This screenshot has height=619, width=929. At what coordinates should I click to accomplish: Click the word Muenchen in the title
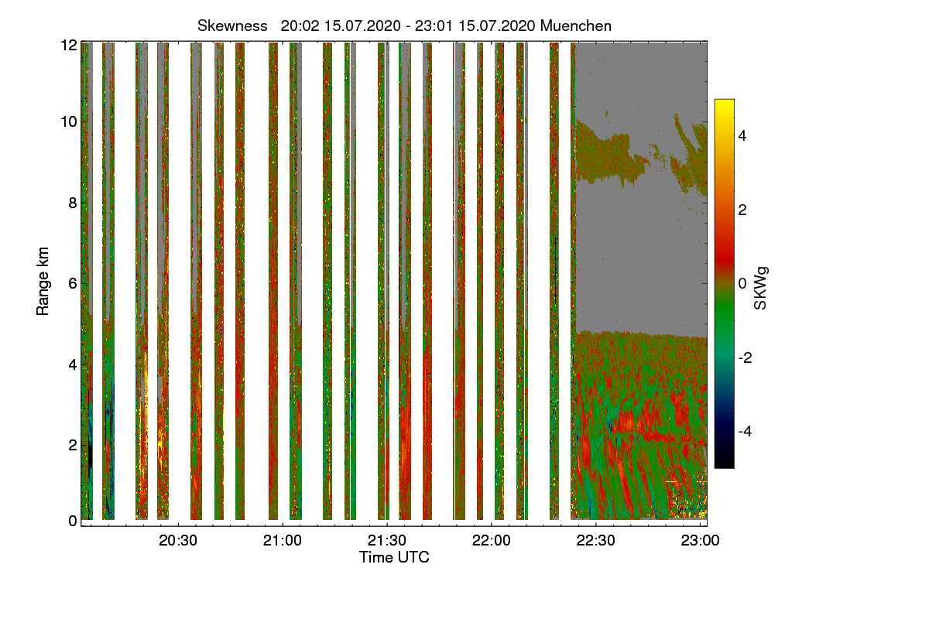click(x=576, y=26)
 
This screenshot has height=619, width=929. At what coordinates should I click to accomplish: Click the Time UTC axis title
click(x=394, y=557)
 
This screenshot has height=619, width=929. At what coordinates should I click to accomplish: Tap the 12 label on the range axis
click(x=69, y=46)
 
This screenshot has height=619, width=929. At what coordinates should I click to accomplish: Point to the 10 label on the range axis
click(x=69, y=122)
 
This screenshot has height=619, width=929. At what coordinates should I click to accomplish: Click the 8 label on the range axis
click(x=72, y=203)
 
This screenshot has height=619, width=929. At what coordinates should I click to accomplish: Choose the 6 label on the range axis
click(x=72, y=284)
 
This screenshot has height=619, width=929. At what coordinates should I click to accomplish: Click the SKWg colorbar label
click(x=761, y=287)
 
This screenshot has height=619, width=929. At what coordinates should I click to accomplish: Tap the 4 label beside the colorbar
click(x=742, y=135)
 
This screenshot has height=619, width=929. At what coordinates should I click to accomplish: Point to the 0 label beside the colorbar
click(x=742, y=283)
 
